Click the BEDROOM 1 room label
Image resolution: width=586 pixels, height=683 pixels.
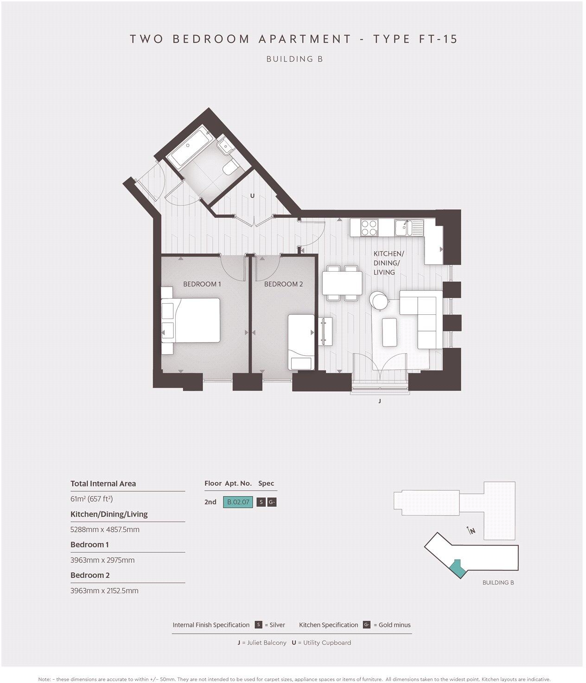pos(202,284)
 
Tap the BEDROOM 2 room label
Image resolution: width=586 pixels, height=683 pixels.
pos(283,284)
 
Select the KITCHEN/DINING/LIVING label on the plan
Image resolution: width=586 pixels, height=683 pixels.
pos(389,263)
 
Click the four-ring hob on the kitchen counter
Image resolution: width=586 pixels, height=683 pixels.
pos(369,227)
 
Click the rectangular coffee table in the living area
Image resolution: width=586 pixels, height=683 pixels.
pos(389,332)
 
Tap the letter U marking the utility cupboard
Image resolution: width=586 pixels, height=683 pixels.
pos(252,196)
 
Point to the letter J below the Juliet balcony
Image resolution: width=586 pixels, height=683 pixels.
pos(380,401)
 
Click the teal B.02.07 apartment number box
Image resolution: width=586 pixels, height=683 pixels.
pos(238,502)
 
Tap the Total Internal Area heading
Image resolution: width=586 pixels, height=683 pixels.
pos(103,484)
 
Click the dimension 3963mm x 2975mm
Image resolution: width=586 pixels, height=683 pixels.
pos(102,560)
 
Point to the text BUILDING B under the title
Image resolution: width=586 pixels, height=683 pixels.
pos(294,59)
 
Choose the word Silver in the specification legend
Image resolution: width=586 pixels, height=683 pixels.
pos(277,625)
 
